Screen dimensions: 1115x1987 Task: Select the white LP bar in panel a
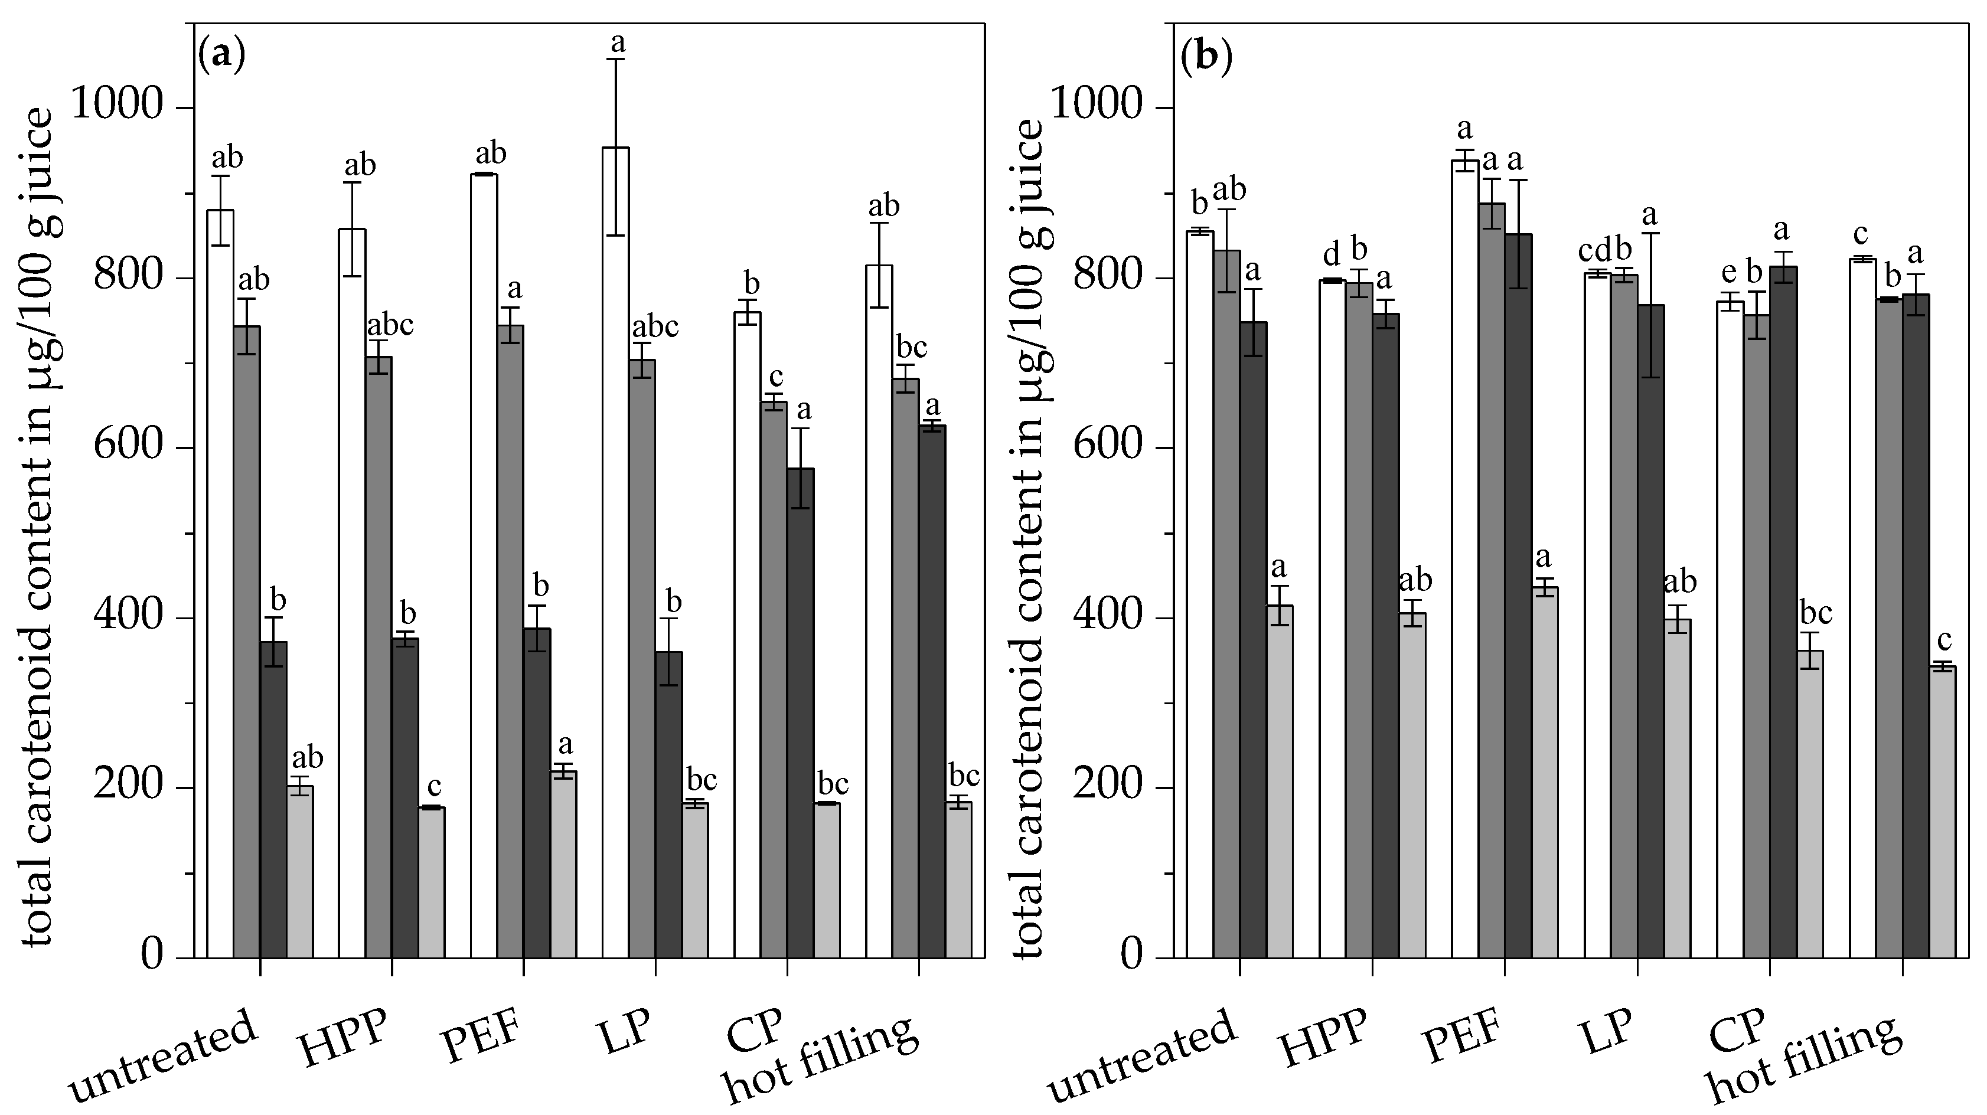[615, 551]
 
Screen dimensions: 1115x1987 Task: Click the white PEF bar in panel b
[1465, 559]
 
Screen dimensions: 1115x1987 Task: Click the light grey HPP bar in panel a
[431, 881]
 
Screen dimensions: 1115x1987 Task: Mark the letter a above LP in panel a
[617, 42]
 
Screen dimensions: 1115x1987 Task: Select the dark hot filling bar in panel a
[932, 690]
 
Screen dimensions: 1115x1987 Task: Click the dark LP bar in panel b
[1650, 631]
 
